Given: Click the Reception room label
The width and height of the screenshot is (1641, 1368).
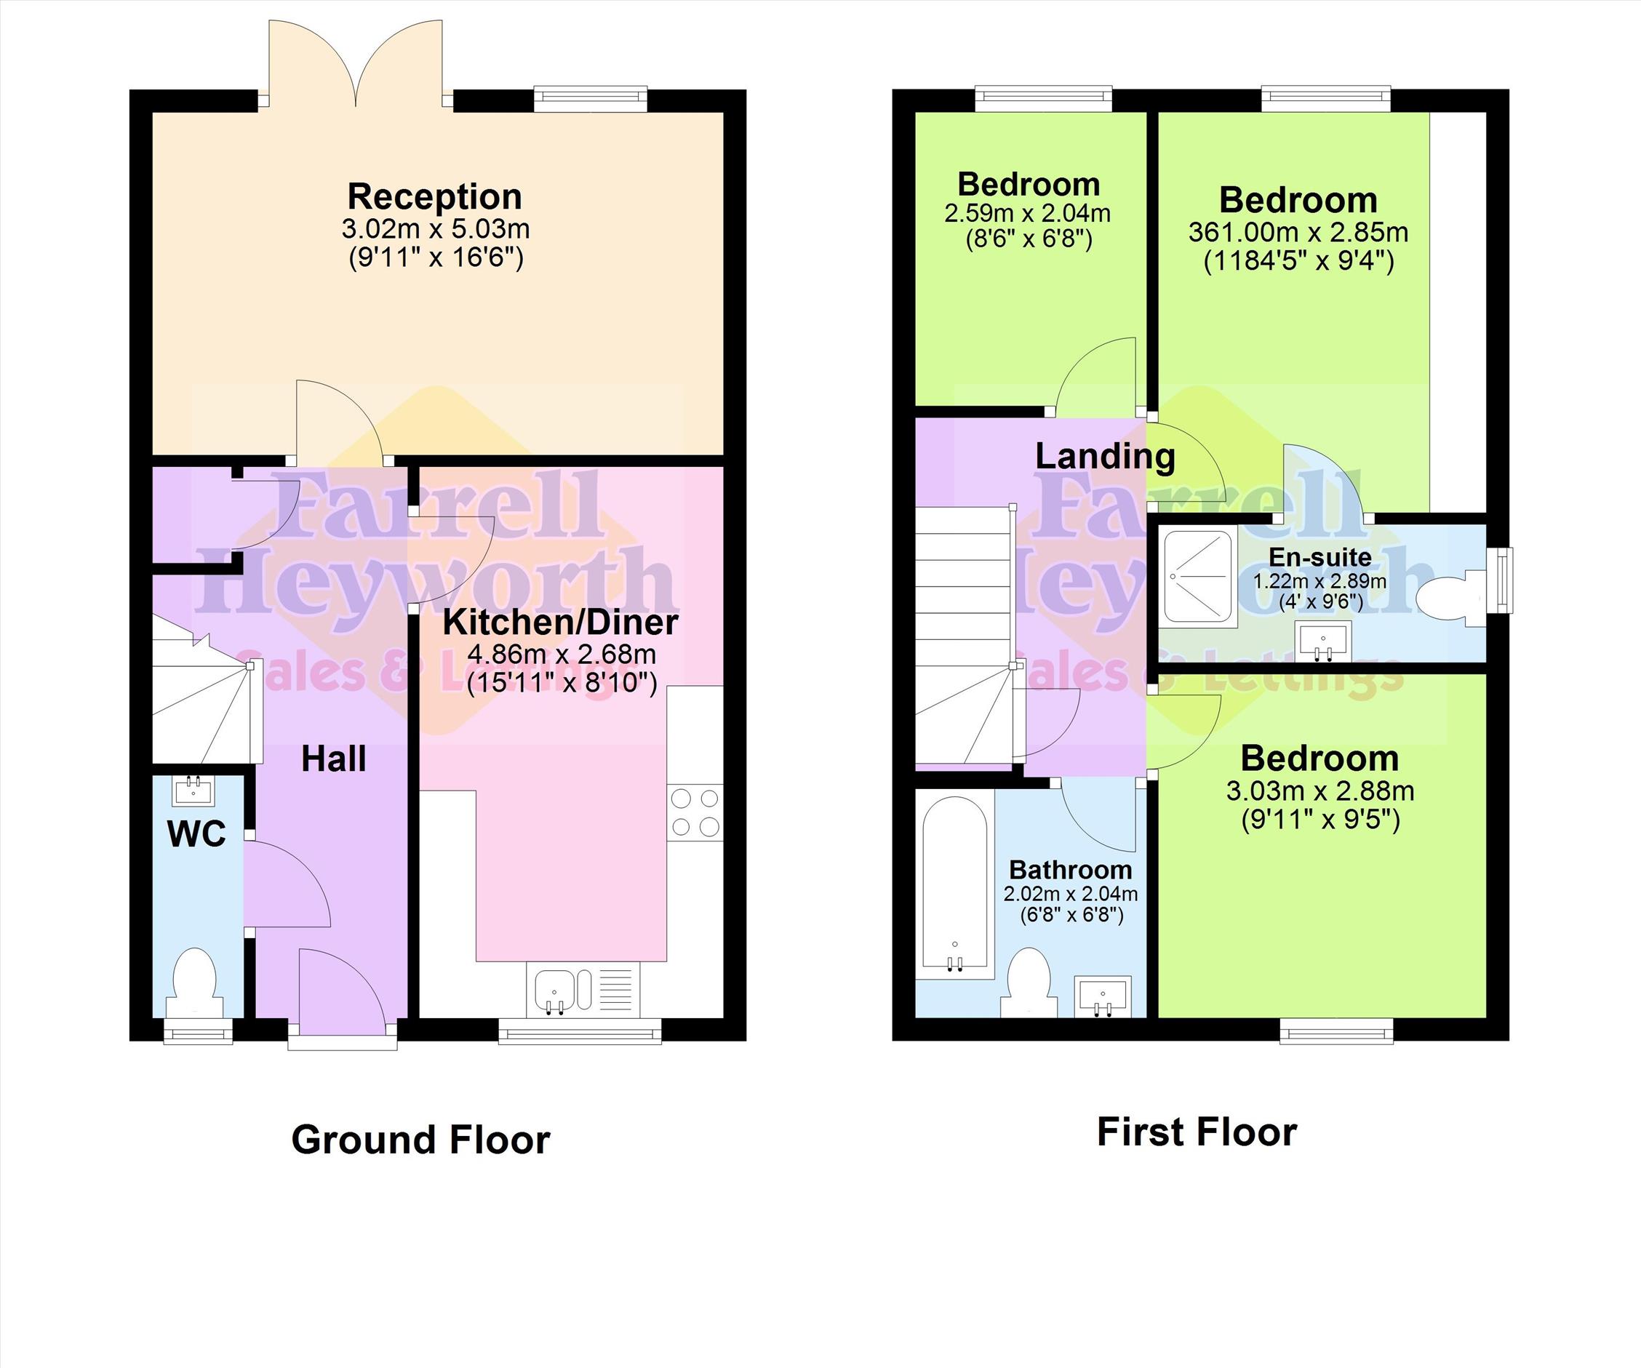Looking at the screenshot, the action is [434, 197].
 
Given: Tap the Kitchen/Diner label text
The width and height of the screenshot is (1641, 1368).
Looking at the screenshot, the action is [560, 622].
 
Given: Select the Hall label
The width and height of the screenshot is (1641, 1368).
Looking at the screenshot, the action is [334, 759].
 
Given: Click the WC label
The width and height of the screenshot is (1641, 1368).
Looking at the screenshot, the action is [197, 833].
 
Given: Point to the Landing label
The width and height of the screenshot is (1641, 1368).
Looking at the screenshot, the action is [1105, 456].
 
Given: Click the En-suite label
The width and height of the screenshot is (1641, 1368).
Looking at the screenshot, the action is [1319, 557].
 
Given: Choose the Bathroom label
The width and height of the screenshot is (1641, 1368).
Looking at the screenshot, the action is [1071, 870].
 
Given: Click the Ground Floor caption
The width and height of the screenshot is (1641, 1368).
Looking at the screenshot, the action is [420, 1140].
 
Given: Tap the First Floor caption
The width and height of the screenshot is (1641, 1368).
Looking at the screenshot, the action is [1197, 1132].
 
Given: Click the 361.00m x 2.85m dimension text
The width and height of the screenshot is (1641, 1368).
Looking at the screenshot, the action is [1298, 232].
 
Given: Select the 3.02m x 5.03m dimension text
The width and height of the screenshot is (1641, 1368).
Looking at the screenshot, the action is [435, 229].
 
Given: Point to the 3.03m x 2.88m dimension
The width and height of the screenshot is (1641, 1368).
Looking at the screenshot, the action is [1319, 791].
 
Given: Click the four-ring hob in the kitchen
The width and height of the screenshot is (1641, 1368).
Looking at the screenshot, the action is [695, 812].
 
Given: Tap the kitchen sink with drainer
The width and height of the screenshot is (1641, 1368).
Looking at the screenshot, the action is [583, 990].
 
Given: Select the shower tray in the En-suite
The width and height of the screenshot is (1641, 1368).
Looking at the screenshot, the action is [1198, 577].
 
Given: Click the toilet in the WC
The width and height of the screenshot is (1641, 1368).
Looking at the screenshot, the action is [193, 983].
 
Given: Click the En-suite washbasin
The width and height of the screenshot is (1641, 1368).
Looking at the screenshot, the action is [1323, 641].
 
